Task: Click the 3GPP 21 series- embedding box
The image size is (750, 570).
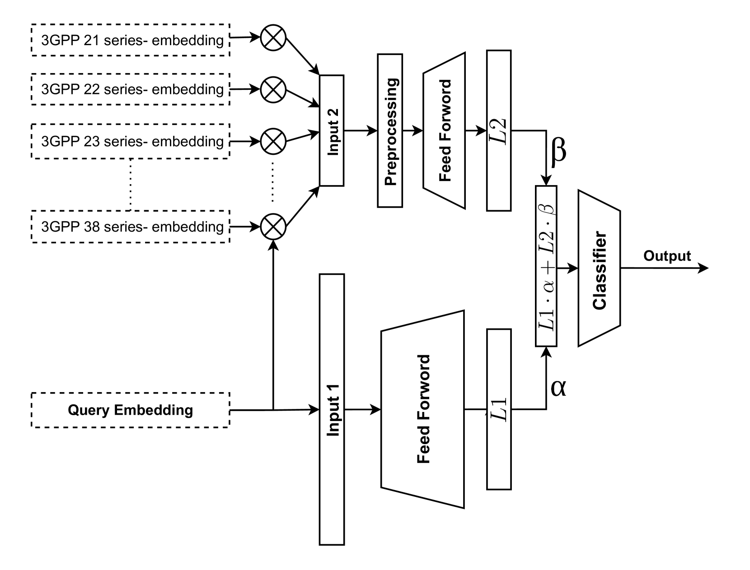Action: (131, 40)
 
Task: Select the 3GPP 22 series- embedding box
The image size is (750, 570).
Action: (131, 89)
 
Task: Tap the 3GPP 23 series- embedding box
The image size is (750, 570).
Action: (131, 141)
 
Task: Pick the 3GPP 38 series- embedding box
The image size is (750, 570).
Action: (131, 227)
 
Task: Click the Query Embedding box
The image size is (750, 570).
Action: (131, 410)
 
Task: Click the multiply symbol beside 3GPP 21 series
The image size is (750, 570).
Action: (273, 37)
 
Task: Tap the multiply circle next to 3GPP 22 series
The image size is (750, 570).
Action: (273, 89)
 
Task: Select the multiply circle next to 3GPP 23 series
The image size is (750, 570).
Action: (273, 141)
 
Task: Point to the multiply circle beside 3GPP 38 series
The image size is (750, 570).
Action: (273, 227)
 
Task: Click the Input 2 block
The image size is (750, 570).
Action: (332, 130)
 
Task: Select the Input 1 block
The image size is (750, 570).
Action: (332, 409)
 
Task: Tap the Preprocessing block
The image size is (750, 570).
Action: (390, 130)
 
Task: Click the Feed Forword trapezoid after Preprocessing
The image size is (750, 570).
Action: (444, 130)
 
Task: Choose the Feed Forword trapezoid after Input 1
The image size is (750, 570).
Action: (423, 409)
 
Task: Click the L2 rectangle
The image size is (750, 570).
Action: (499, 130)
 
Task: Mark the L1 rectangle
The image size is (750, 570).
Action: (499, 409)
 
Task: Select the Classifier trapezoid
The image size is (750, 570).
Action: (599, 269)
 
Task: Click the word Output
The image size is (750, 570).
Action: (667, 256)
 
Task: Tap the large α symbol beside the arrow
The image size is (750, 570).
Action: (558, 388)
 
